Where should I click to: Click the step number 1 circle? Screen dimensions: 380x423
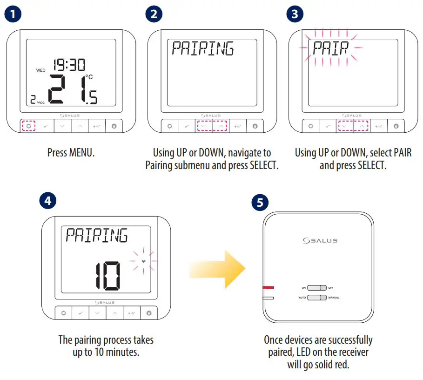[x=13, y=14]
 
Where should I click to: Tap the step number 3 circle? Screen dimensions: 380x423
[x=294, y=14]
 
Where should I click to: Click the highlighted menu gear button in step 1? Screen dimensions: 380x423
[x=29, y=126]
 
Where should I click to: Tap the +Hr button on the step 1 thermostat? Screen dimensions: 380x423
[x=97, y=126]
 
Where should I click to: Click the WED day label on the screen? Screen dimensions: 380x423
[x=41, y=70]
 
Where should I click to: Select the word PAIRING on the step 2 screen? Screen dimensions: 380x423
[x=203, y=48]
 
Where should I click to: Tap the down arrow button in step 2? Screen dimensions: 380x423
[x=203, y=126]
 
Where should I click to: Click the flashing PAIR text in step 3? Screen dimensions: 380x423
[x=331, y=48]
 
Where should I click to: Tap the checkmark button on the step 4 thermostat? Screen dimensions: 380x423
[x=81, y=313]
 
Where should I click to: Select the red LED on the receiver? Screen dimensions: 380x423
[x=269, y=288]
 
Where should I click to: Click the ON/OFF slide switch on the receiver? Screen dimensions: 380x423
[x=316, y=288]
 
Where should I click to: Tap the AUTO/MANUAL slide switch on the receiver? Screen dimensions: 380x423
[x=316, y=298]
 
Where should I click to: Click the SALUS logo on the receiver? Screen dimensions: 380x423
[x=320, y=240]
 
